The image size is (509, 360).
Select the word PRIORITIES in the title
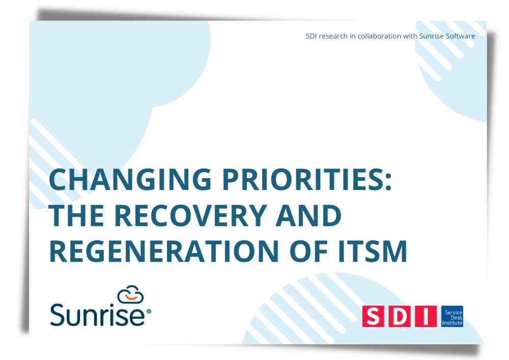tap(303, 179)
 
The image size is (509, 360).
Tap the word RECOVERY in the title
tap(190, 215)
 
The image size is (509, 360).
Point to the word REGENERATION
tap(164, 251)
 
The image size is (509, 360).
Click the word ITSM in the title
tap(373, 251)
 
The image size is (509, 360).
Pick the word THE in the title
tap(76, 215)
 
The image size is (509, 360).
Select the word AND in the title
tap(308, 215)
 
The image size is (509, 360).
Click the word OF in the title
tap(308, 251)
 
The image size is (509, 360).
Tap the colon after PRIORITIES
tap(388, 182)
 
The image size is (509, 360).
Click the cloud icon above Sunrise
tap(130, 294)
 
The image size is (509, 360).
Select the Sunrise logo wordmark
tap(97, 314)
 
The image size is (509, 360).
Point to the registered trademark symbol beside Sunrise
tap(149, 311)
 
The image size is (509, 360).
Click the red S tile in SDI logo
tap(373, 316)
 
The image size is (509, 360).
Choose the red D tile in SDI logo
tap(400, 316)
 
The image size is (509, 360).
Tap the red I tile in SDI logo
tap(426, 316)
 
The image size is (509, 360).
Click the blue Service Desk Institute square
tap(452, 316)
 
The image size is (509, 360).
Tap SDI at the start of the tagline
tap(312, 36)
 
